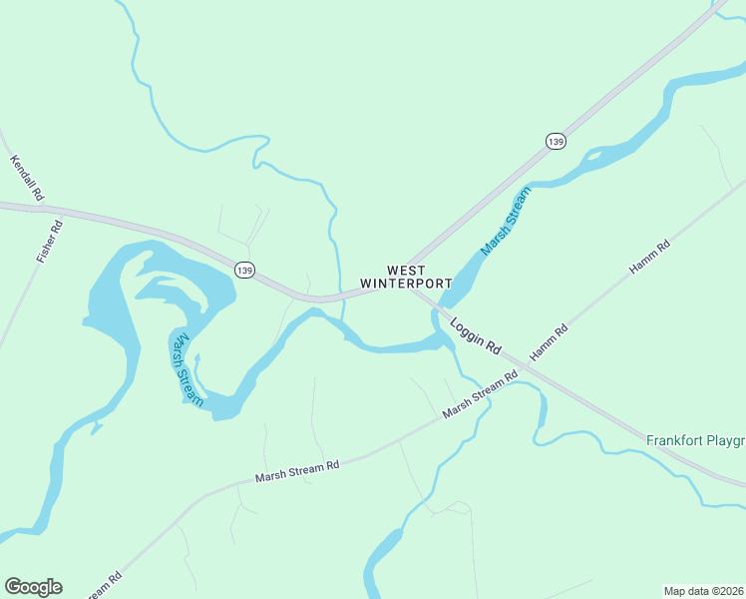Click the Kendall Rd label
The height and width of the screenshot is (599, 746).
(27, 177)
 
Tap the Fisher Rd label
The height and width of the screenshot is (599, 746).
(50, 241)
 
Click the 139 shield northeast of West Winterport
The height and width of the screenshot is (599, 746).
(557, 141)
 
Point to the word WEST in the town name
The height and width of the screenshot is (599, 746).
(406, 271)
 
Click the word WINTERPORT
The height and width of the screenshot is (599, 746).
(406, 284)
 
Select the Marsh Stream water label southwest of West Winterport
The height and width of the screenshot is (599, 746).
(186, 368)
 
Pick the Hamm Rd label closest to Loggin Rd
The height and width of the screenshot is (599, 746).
(549, 343)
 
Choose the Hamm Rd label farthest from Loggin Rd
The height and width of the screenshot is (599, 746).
(649, 258)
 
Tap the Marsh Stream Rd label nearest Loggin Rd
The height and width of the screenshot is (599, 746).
(481, 394)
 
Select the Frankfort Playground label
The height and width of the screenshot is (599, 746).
(695, 440)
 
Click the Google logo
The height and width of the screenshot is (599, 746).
(33, 587)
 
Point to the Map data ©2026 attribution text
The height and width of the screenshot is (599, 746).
(704, 591)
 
